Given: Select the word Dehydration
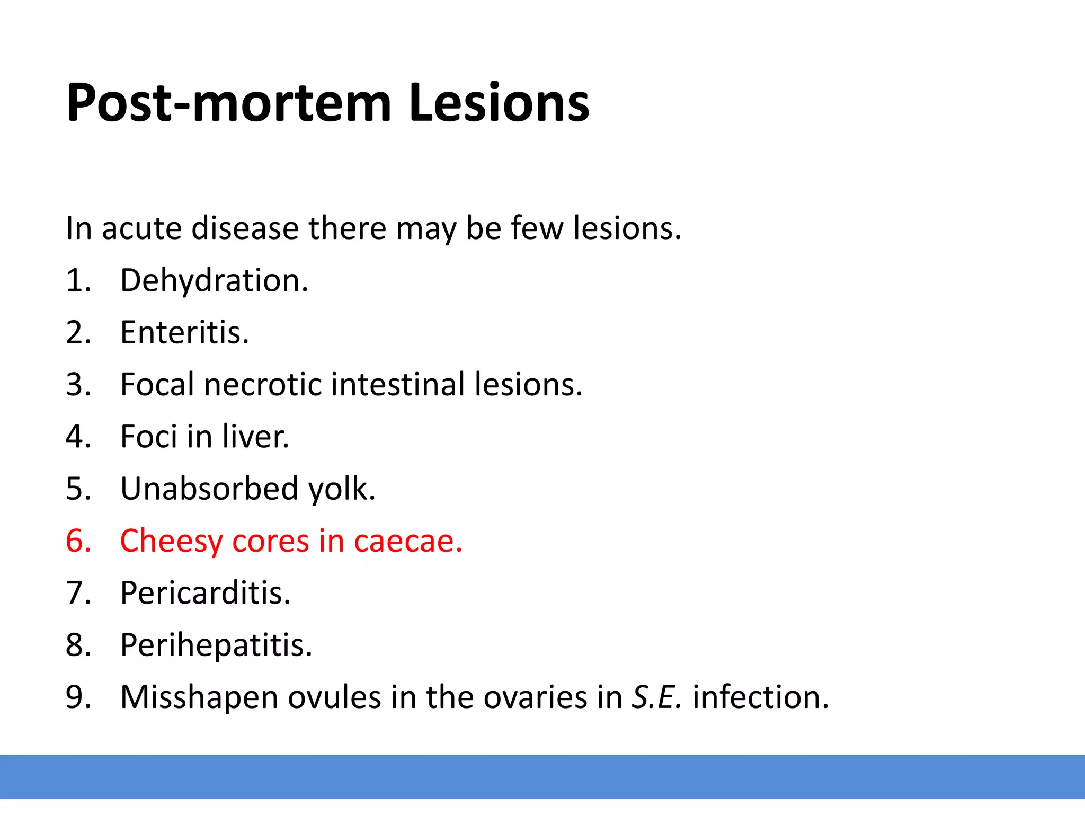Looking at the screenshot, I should tap(214, 280).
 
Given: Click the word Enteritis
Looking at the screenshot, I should tap(184, 332).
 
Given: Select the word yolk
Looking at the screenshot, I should tap(342, 489).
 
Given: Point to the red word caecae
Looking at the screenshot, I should tap(408, 541).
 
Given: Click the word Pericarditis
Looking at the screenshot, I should tap(206, 592).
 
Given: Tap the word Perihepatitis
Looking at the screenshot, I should tap(216, 645).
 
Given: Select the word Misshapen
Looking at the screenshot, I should tap(199, 697).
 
